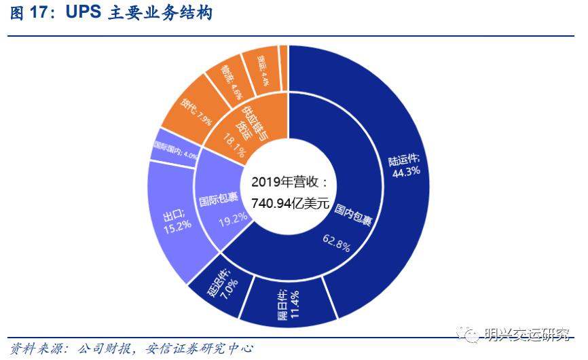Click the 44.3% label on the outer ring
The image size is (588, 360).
point(405,171)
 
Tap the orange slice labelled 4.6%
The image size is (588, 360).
point(233,81)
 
